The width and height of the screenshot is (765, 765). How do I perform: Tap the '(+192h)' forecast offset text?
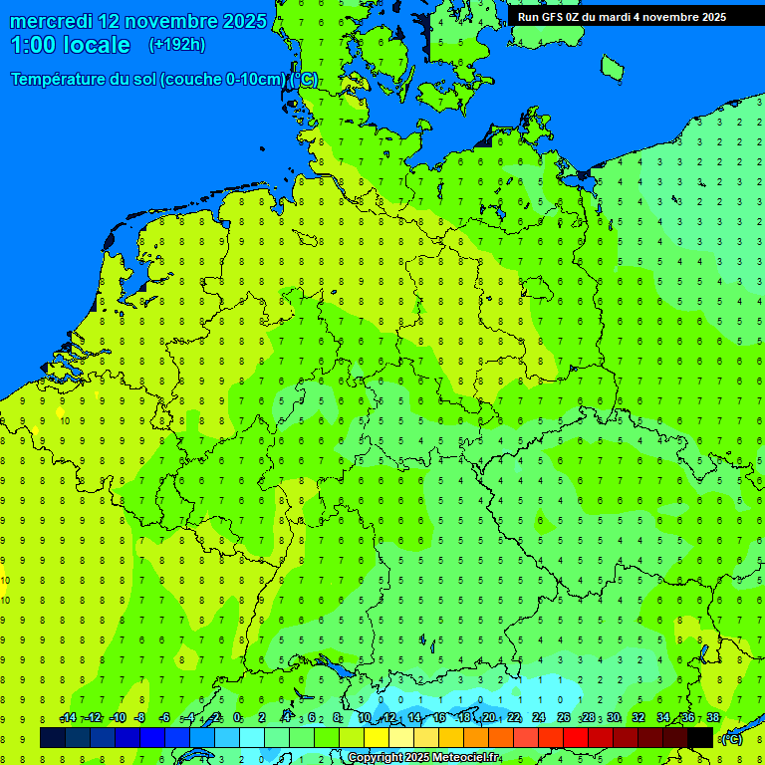[176, 45]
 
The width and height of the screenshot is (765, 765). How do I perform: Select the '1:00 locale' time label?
[70, 45]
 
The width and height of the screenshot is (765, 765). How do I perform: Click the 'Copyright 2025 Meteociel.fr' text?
[423, 758]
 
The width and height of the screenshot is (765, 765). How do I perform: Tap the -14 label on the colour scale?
[68, 718]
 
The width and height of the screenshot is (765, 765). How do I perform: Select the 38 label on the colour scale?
[712, 718]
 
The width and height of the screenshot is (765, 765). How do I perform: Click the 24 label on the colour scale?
[539, 718]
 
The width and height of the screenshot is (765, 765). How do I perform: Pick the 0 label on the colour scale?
[237, 718]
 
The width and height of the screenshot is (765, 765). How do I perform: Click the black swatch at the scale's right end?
[700, 737]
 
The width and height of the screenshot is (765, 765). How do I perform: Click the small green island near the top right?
[612, 67]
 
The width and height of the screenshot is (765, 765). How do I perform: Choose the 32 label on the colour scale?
[638, 718]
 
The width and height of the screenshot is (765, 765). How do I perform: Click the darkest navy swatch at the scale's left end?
[53, 737]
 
